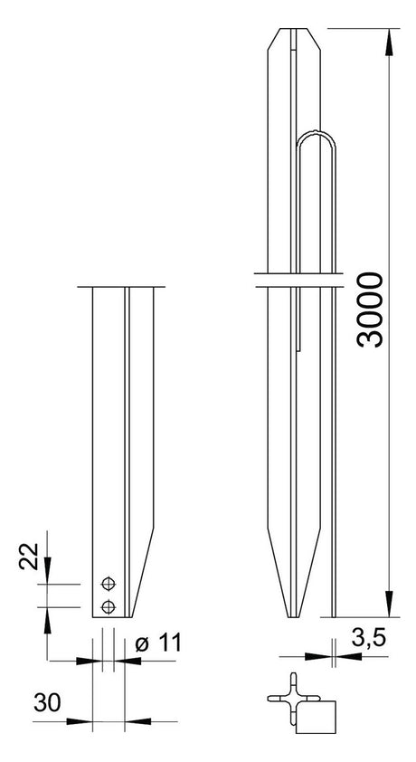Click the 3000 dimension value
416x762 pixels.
(x=370, y=310)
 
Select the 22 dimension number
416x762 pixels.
(x=28, y=556)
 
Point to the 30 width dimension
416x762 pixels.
(x=47, y=702)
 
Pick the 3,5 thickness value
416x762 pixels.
(x=368, y=639)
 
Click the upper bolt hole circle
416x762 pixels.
(x=109, y=584)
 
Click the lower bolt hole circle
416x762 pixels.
(x=109, y=606)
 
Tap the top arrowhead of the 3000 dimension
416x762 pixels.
(x=389, y=43)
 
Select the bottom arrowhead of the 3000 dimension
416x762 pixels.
(x=389, y=604)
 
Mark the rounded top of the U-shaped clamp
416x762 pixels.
(x=316, y=133)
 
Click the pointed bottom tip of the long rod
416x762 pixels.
(x=294, y=616)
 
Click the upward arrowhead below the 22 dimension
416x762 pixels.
(x=47, y=620)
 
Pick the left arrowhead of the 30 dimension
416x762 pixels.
(x=79, y=721)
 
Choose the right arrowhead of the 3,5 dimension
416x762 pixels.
(x=348, y=656)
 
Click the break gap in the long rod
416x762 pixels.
(x=300, y=280)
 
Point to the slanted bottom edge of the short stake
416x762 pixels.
(x=143, y=573)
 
